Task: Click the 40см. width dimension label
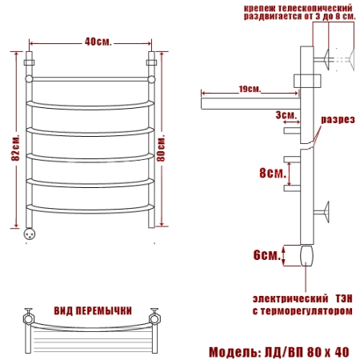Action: point(98,42)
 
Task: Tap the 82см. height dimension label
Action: point(16,147)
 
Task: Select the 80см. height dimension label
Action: point(161,148)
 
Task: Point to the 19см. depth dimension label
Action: point(250,89)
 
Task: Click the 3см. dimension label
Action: point(286,115)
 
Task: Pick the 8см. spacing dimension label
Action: point(273,173)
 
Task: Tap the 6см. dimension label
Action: point(267,255)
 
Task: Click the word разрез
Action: point(338,119)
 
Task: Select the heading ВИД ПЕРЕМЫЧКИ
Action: point(93,311)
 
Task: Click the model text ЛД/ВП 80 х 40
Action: point(306,352)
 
